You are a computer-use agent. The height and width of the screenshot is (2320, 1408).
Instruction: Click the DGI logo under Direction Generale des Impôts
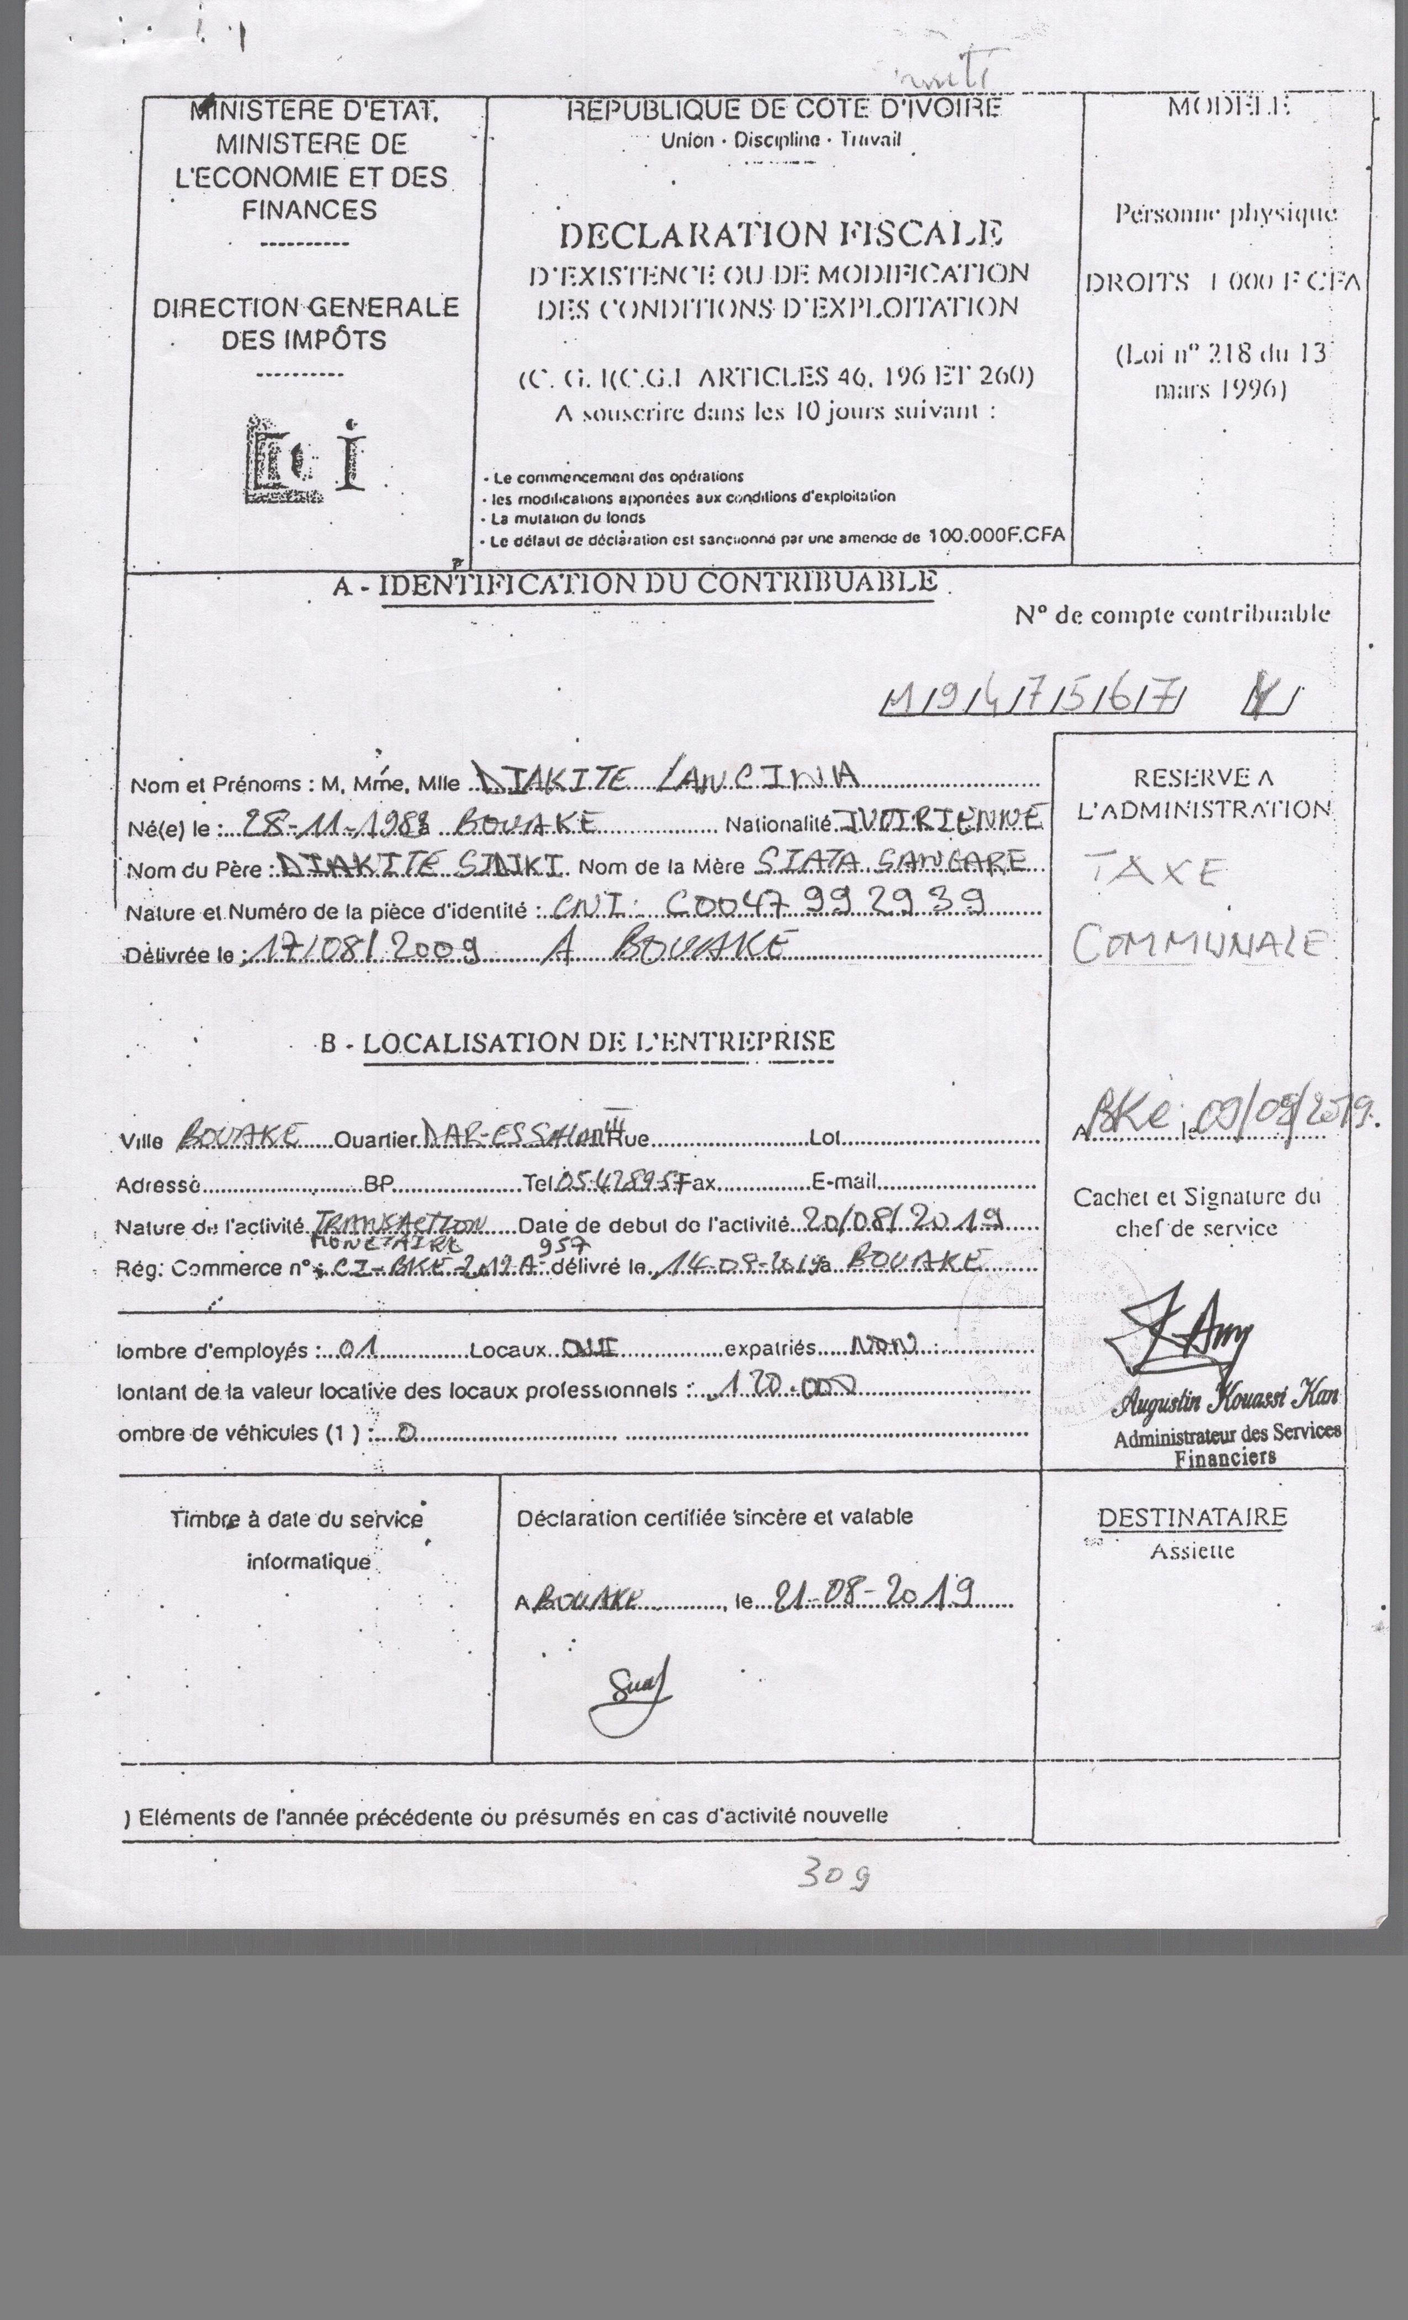303,457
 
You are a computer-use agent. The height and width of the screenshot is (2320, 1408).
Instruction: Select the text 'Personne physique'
1225,213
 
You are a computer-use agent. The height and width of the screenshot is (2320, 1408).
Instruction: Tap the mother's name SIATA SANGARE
891,862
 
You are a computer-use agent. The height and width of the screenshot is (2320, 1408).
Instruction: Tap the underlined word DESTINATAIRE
1192,1517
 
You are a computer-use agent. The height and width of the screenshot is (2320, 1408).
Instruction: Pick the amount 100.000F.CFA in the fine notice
996,535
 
